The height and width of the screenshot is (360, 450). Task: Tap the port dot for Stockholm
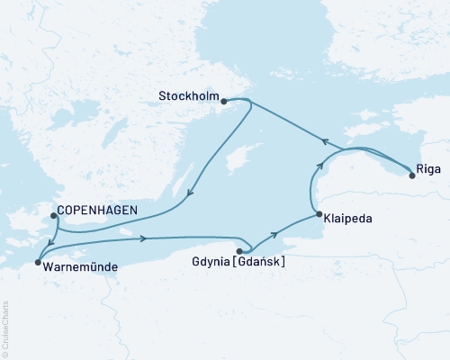point(223,102)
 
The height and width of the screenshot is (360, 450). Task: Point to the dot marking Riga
point(412,175)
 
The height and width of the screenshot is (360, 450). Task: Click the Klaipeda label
point(347,218)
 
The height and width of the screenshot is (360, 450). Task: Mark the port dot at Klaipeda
point(319,213)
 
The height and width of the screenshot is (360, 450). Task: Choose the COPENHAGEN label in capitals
point(96,211)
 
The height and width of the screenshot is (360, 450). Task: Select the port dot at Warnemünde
point(38,263)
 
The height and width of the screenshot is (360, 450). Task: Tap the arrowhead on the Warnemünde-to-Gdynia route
point(143,238)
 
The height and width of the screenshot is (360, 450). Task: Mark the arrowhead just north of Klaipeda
point(318,166)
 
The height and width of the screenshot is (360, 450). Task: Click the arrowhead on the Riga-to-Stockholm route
point(326,139)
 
